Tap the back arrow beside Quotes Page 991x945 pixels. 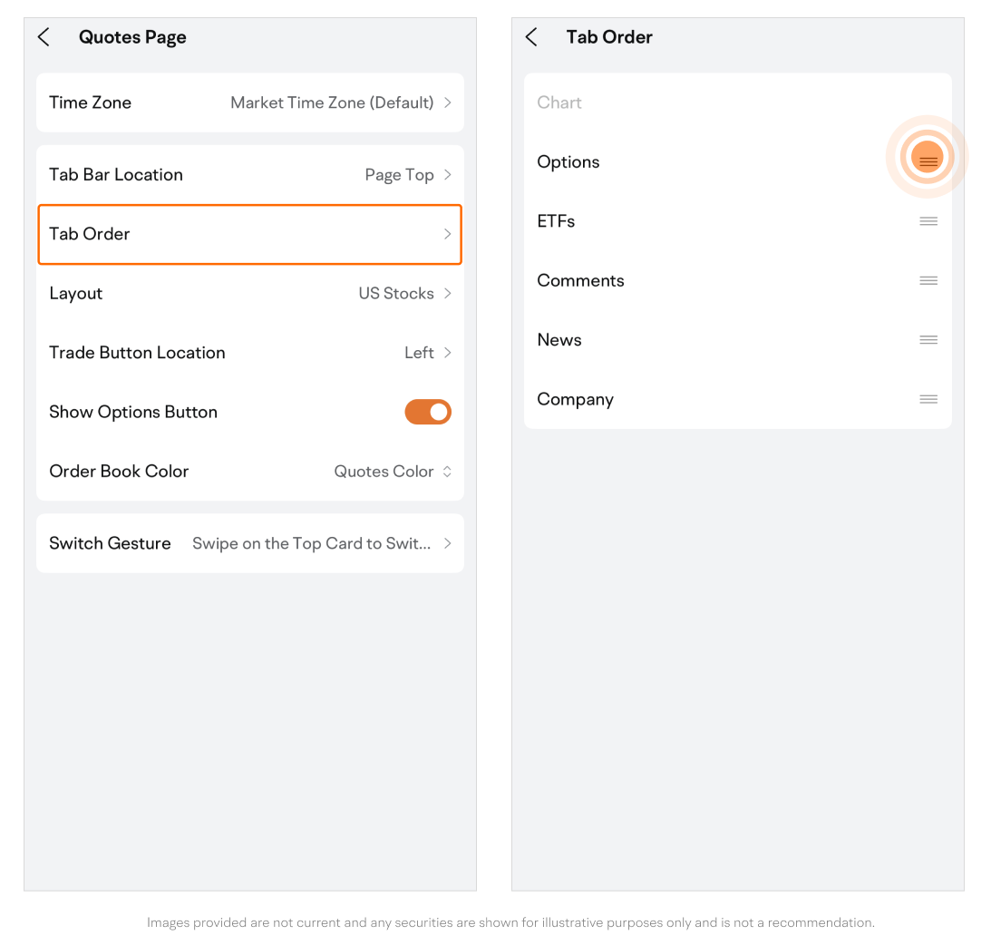[44, 37]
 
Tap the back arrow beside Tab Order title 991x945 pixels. [531, 37]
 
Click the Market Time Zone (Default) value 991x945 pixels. [332, 102]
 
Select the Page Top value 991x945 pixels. [400, 175]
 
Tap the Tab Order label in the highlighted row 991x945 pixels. [90, 234]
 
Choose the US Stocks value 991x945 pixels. [396, 293]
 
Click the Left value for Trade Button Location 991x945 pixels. [419, 353]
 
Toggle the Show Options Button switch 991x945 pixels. [428, 412]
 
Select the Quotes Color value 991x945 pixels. [384, 472]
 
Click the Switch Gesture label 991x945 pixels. [110, 543]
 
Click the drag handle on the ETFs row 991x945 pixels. [928, 221]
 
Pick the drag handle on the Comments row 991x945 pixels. [928, 280]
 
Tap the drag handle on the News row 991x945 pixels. [928, 340]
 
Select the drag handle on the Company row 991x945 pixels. [928, 399]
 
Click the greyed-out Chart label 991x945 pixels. [559, 102]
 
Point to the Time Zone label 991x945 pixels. [91, 102]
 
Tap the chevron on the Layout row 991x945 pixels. [448, 293]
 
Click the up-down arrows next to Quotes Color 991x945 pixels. [447, 472]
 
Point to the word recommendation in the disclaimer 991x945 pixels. [821, 923]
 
